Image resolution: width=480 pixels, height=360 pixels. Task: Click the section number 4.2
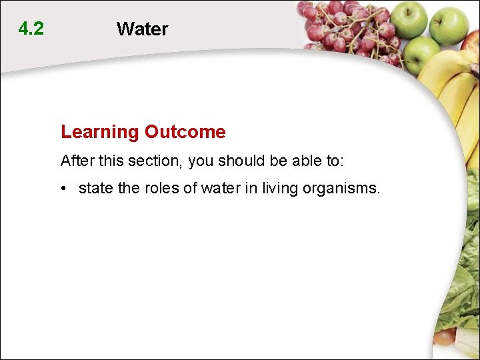(31, 29)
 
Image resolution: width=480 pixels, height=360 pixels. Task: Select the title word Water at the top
(142, 29)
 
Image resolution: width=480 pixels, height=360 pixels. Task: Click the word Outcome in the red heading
(185, 132)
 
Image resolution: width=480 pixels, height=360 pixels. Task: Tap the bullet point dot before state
(64, 189)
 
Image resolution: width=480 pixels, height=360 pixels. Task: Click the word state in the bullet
(96, 189)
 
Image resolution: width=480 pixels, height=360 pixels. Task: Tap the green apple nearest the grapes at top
(408, 18)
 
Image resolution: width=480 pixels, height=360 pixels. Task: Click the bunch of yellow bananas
(453, 87)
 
